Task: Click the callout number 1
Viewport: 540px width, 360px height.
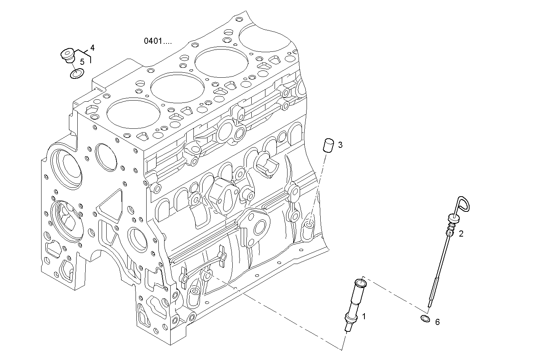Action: pos(364,316)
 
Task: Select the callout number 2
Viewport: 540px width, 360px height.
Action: pos(461,234)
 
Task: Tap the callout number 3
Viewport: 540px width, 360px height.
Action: pos(340,145)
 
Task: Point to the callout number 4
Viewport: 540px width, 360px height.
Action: pos(92,48)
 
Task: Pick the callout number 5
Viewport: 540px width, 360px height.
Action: pos(82,61)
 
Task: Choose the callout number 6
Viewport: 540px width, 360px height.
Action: pos(437,322)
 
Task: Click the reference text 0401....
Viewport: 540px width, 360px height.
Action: pos(157,41)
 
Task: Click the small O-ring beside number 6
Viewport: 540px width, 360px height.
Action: pos(425,318)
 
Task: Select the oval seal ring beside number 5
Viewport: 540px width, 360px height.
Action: pos(77,74)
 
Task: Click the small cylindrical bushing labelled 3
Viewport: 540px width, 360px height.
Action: pos(328,146)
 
